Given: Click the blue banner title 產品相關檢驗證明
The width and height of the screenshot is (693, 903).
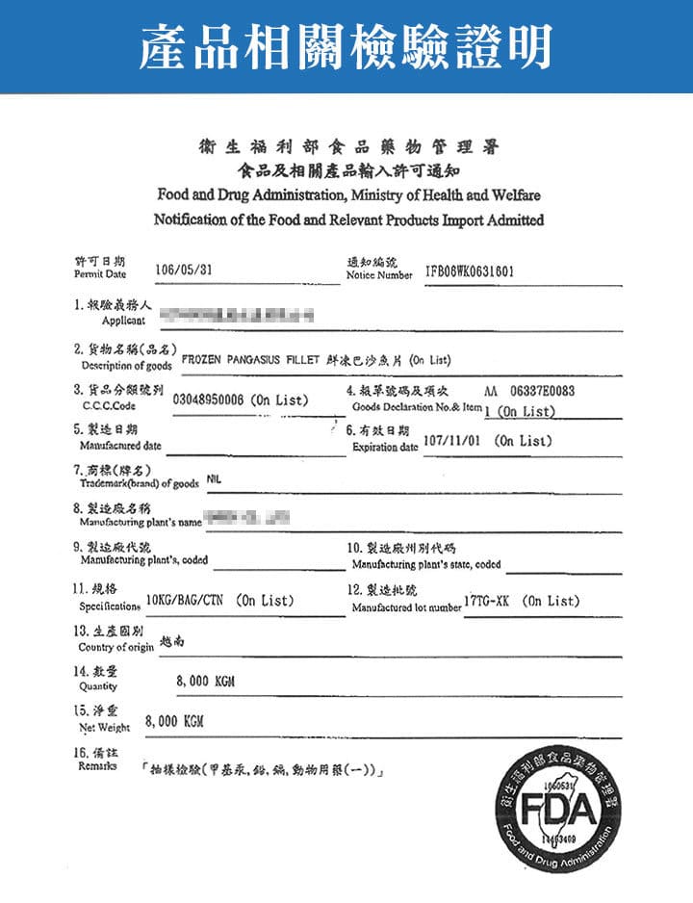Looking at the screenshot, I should [x=346, y=46].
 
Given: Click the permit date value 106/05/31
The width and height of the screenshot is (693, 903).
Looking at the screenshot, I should [x=183, y=271].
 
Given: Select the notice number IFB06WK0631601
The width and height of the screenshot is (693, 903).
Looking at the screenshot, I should [x=469, y=271].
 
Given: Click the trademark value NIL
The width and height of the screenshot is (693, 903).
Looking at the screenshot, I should [x=211, y=478].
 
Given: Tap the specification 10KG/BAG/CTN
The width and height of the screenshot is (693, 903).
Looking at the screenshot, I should [x=185, y=602].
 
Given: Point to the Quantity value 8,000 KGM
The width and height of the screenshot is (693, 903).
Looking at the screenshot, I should [x=206, y=682].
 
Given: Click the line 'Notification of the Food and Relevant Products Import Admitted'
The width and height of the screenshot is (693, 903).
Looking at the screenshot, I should [x=348, y=219].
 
